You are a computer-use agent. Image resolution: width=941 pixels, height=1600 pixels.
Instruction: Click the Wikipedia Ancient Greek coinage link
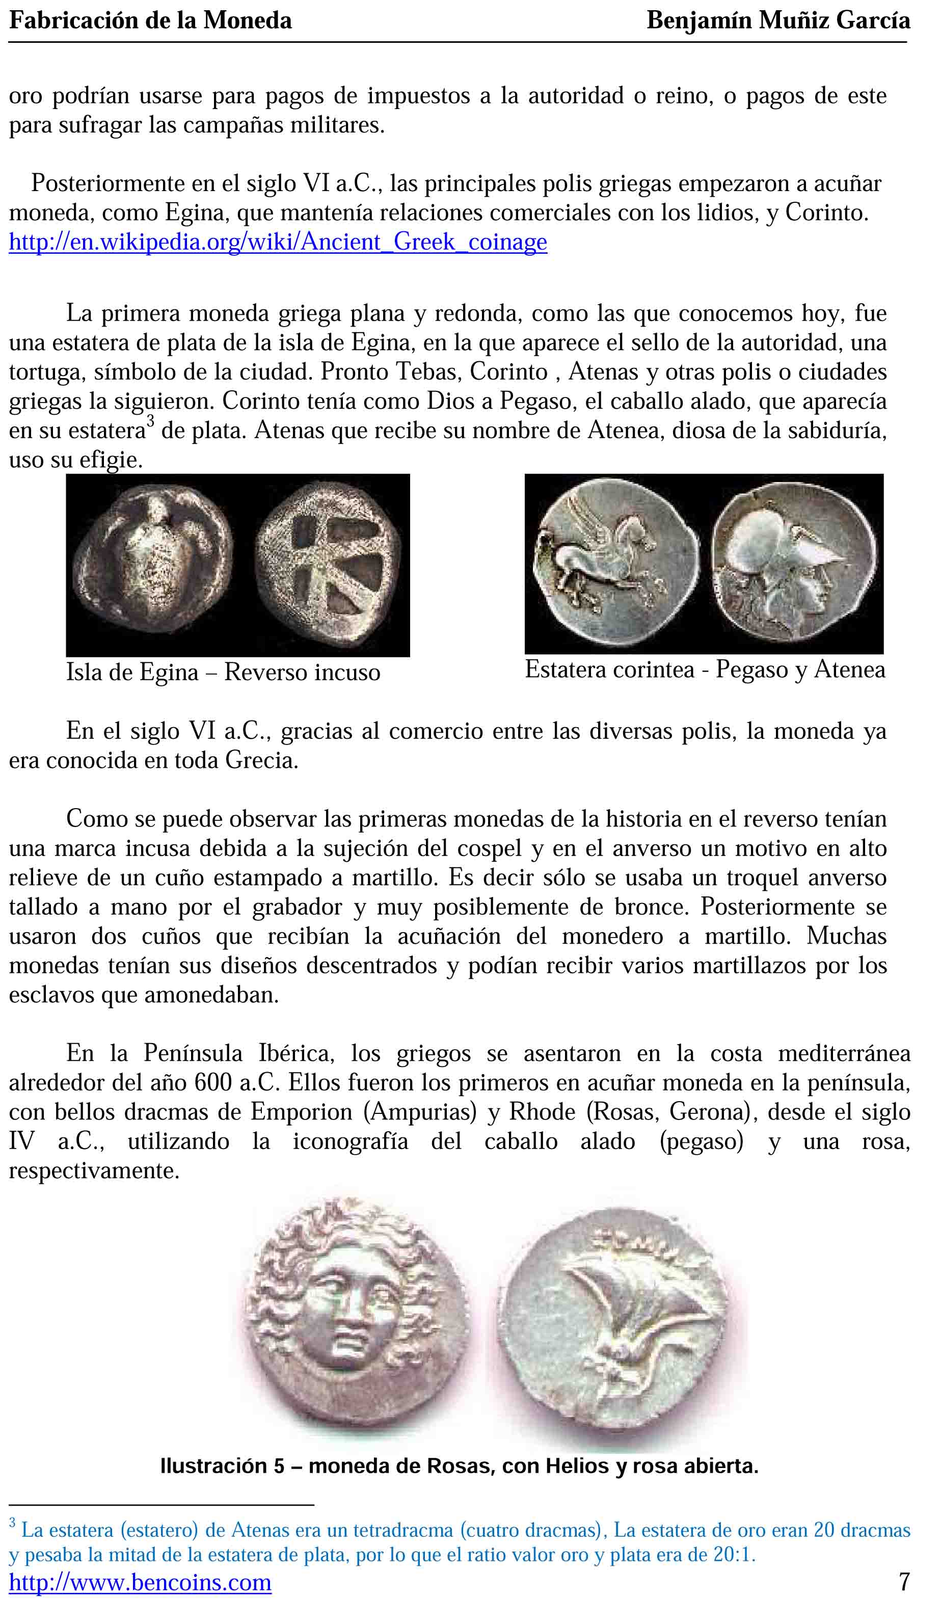(278, 242)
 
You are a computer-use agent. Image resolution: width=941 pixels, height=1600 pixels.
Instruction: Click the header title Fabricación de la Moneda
(150, 21)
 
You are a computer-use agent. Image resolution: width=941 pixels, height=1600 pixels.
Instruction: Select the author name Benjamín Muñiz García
(778, 21)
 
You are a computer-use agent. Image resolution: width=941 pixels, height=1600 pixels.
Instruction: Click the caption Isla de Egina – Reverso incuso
(223, 673)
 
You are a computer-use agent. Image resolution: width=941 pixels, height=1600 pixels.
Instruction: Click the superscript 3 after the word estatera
(150, 420)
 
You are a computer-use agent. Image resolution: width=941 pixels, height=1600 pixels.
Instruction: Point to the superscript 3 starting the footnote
(12, 1523)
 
